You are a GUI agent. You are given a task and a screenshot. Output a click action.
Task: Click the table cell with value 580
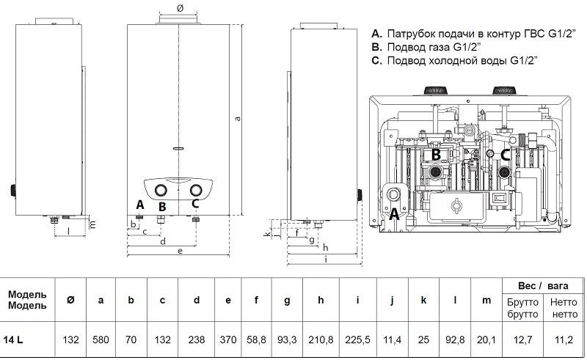101,339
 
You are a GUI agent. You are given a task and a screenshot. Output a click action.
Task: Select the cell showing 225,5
357,339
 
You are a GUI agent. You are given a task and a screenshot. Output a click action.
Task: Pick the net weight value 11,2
562,339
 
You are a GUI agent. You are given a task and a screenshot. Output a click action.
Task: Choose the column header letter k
423,299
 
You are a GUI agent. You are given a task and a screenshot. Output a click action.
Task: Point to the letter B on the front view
163,207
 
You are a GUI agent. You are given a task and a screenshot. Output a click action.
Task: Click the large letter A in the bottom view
393,213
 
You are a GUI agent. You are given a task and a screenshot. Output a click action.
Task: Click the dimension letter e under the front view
179,251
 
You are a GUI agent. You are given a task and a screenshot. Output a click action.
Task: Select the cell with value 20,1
486,339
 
